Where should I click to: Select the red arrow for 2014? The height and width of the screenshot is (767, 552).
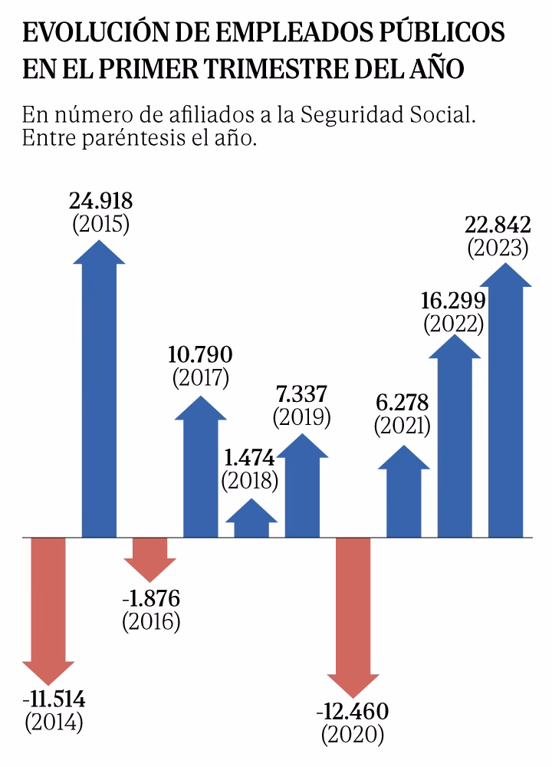tap(49, 606)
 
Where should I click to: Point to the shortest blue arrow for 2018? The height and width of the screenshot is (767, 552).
tap(251, 522)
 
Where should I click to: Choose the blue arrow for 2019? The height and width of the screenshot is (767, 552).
tap(302, 491)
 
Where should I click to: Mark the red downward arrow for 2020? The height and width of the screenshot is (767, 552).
tap(353, 614)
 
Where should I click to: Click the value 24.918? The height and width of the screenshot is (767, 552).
tap(100, 202)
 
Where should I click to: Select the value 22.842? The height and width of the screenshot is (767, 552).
tap(498, 225)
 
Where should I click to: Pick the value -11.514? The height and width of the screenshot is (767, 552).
tap(54, 700)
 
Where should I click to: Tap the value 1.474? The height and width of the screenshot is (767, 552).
tap(249, 459)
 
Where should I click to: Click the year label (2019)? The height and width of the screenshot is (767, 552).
tap(301, 417)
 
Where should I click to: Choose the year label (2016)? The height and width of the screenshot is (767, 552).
tap(151, 621)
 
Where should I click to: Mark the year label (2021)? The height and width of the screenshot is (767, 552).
tap(402, 425)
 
